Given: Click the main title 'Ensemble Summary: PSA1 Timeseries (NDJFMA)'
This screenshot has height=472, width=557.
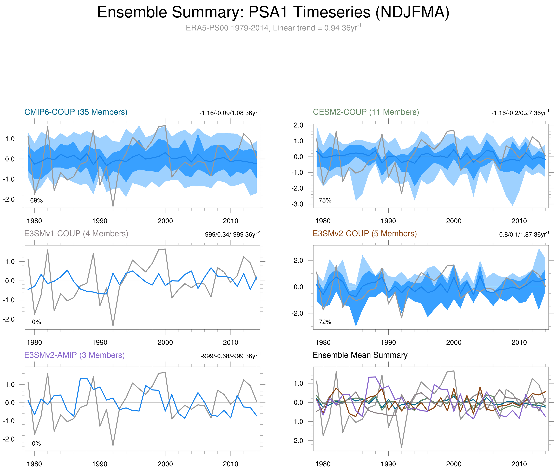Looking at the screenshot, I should (273, 12).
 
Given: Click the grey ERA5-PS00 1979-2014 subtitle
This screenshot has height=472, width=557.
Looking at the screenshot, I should (273, 28).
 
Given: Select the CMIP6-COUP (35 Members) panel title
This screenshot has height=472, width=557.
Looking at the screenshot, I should (76, 112).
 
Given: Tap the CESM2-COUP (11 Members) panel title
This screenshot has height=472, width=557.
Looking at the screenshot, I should (366, 112).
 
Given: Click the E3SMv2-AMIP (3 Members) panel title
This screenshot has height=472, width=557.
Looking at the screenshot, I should (74, 355).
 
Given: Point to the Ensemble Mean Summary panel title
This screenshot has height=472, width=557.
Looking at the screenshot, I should (360, 355).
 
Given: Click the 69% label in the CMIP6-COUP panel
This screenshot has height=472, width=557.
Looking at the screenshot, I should (36, 200).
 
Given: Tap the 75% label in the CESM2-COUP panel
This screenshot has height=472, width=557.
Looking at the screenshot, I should (325, 200).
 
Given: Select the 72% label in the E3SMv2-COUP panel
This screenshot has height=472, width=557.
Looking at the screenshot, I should (325, 322).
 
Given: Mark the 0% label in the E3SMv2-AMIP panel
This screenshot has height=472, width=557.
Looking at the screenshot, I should (36, 443).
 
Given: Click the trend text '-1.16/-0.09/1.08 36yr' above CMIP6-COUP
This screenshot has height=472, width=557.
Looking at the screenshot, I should (230, 113).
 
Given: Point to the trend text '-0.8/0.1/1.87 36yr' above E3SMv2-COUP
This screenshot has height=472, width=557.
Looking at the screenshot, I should (522, 234).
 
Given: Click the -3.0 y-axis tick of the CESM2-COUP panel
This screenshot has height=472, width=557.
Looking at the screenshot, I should (297, 204).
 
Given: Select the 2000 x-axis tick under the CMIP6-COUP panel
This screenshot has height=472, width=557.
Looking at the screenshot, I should (165, 221).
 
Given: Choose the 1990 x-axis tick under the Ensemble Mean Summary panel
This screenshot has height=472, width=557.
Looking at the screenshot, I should (388, 464).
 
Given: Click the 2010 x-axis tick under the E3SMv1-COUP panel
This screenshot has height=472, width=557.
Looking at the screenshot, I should (231, 342).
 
